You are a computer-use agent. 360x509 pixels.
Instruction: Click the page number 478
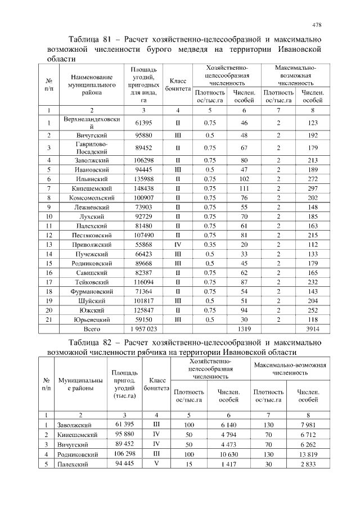317,25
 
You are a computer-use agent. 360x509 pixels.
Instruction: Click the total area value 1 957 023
143,328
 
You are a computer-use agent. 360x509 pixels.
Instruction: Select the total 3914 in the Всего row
312,328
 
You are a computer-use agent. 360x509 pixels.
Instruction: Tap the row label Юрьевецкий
92,318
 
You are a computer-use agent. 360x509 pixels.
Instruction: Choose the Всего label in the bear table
92,328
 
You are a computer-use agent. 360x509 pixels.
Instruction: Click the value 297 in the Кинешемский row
312,188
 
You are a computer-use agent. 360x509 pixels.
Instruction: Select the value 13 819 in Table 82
308,454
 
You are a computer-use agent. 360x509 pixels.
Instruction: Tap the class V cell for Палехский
156,464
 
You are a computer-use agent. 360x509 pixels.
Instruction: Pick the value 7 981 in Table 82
308,424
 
